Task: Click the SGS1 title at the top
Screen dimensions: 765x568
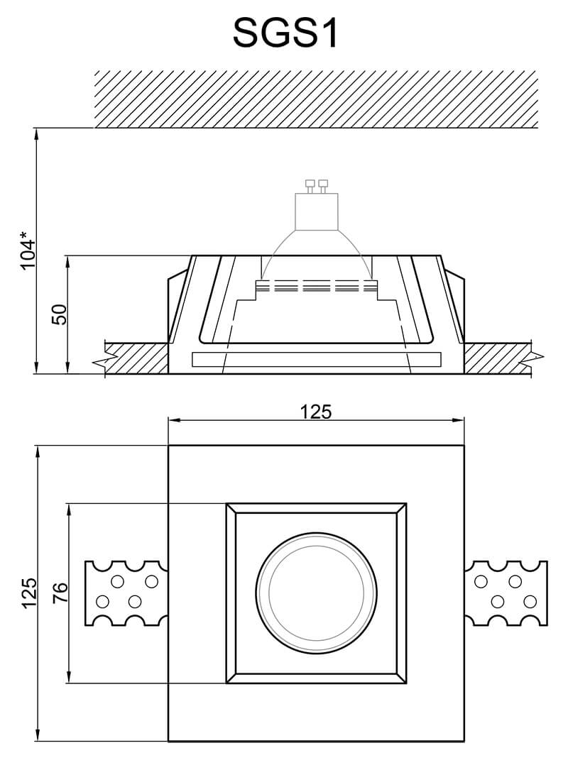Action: coord(285,33)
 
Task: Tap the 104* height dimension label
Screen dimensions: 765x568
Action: coord(28,250)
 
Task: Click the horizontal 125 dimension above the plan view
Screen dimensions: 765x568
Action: coord(315,411)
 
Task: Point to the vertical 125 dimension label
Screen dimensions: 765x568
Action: coord(28,593)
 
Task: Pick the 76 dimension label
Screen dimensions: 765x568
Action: coord(60,593)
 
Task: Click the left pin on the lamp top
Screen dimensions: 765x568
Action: coord(310,187)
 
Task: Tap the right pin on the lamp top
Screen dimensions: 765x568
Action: coord(324,187)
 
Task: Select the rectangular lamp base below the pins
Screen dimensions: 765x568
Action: coord(317,211)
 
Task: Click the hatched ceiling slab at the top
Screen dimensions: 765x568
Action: coord(316,99)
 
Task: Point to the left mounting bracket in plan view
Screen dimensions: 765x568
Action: coord(126,593)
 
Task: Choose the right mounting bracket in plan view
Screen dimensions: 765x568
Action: coord(507,593)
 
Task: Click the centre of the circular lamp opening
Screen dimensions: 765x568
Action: coord(316,593)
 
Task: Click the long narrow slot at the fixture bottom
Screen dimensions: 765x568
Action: coord(316,360)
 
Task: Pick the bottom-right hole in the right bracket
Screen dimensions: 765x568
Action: coord(529,602)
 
